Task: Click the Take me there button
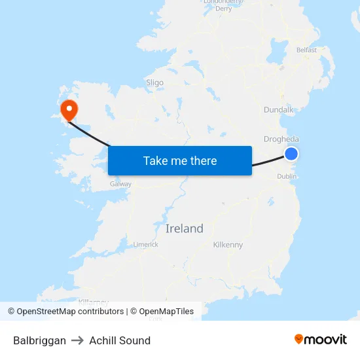click(x=180, y=161)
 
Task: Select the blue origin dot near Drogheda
click(x=291, y=154)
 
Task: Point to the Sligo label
click(x=155, y=83)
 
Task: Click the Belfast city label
click(x=306, y=50)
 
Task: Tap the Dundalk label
click(x=279, y=111)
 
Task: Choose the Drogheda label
click(x=281, y=139)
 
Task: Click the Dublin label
click(x=287, y=176)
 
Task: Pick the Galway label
click(x=121, y=184)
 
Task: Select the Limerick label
click(x=146, y=244)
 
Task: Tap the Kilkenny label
click(x=228, y=245)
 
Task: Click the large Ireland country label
click(x=185, y=228)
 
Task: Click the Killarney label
click(x=94, y=302)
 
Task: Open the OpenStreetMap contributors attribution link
click(x=70, y=312)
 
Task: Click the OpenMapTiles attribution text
click(x=166, y=312)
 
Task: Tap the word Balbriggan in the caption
click(x=39, y=340)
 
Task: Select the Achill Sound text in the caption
click(x=120, y=340)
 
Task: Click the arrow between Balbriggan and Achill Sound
click(x=78, y=340)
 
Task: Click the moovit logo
click(x=321, y=339)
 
